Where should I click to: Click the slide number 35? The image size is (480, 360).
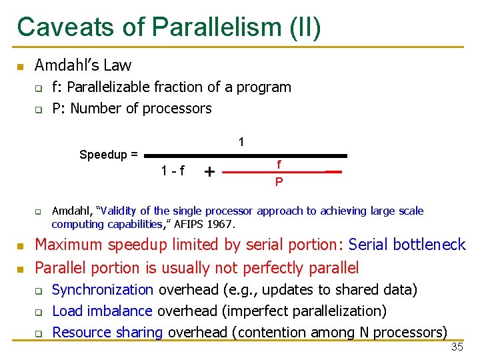457,347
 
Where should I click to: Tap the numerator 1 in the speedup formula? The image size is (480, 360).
241,141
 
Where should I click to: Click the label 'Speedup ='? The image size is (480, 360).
109,155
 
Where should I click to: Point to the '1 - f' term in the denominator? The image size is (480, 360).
173,170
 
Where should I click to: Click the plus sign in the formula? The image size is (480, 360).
209,172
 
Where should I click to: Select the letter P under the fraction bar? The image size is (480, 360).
279,182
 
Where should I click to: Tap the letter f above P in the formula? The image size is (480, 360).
279,164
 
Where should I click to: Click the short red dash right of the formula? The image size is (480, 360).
333,172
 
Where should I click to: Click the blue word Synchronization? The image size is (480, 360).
103,289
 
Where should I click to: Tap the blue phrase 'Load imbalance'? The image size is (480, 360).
103,311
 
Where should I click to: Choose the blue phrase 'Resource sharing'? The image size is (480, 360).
108,332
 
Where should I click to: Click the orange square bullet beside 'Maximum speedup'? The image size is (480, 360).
21,246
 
